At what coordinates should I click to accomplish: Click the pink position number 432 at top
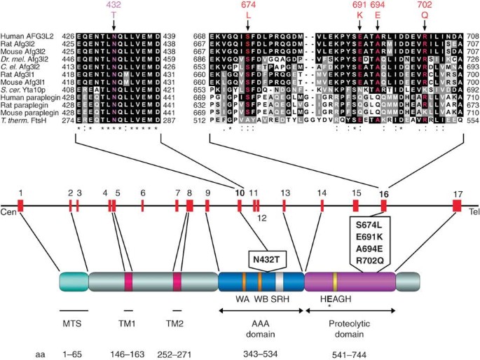click(114, 6)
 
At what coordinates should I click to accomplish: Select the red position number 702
click(425, 6)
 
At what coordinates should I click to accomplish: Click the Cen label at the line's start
click(8, 211)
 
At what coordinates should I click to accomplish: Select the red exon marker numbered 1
click(21, 205)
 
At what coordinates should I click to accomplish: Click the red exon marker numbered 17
click(457, 205)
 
